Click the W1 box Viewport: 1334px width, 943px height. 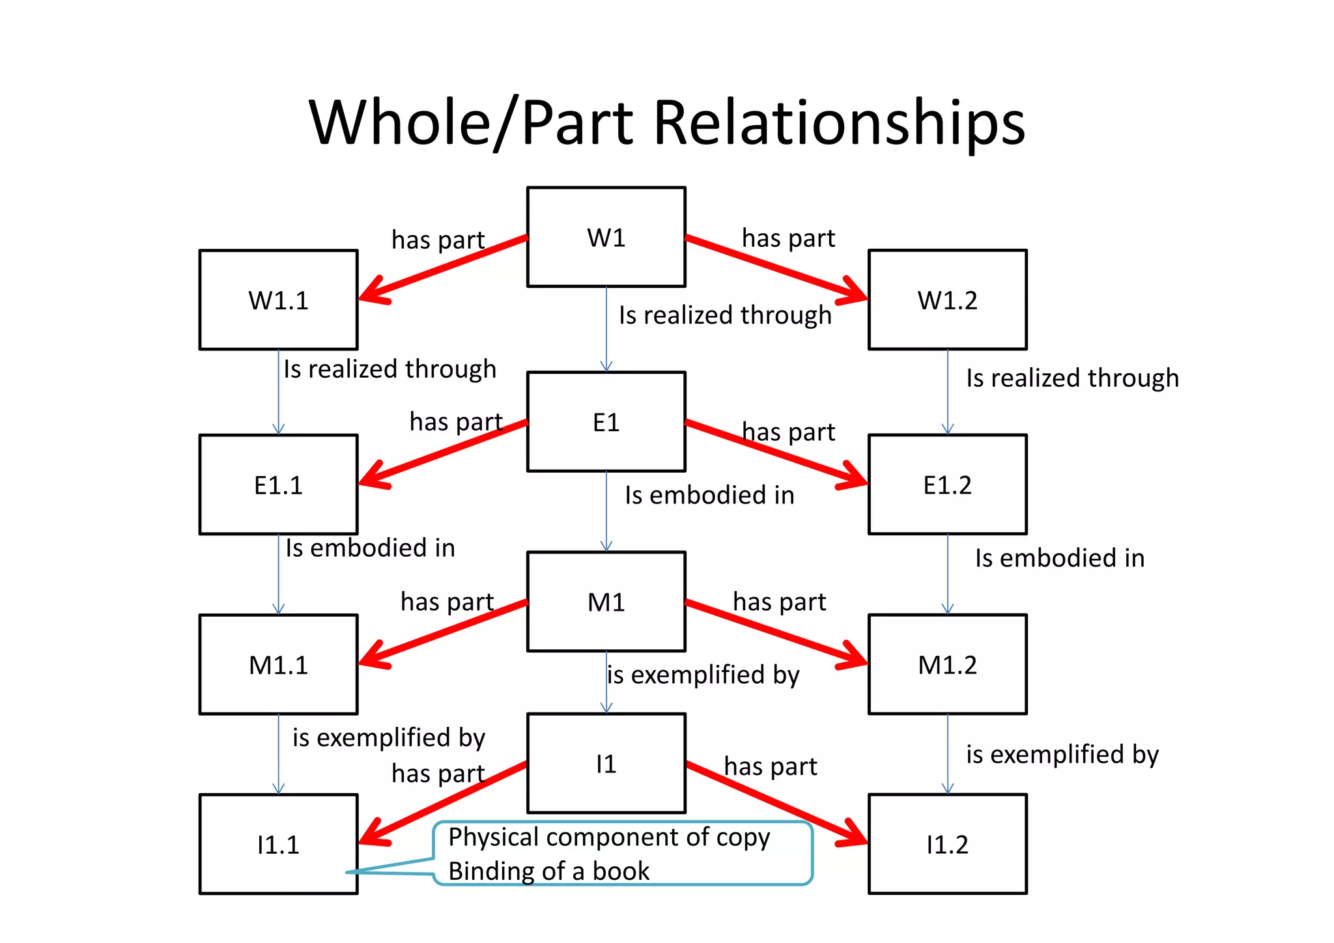pyautogui.click(x=606, y=237)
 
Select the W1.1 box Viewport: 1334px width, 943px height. pyautogui.click(x=278, y=300)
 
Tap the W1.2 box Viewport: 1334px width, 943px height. pyautogui.click(x=947, y=300)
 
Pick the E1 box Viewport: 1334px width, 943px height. pyautogui.click(x=606, y=422)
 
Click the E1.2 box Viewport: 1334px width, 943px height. pyautogui.click(x=947, y=485)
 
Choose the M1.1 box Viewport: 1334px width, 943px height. pyautogui.click(x=278, y=664)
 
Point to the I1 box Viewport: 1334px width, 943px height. pyautogui.click(x=606, y=763)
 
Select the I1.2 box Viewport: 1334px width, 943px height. pyautogui.click(x=947, y=844)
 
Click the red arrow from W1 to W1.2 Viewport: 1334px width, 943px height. pyautogui.click(x=775, y=268)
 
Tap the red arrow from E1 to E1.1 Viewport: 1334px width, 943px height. pyautogui.click(x=443, y=453)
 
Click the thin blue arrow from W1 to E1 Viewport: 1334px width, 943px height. pyautogui.click(x=606, y=329)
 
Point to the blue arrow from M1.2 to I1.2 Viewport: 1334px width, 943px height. pyautogui.click(x=948, y=753)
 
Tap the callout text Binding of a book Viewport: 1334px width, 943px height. pyautogui.click(x=548, y=871)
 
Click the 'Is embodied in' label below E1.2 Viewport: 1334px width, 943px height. pyautogui.click(x=1059, y=558)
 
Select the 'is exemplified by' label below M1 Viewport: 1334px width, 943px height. pyautogui.click(x=703, y=675)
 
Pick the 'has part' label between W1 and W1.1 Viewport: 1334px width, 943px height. pyautogui.click(x=438, y=240)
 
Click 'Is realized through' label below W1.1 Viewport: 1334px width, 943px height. pyautogui.click(x=390, y=369)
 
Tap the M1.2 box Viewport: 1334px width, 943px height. pyautogui.click(x=947, y=664)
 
